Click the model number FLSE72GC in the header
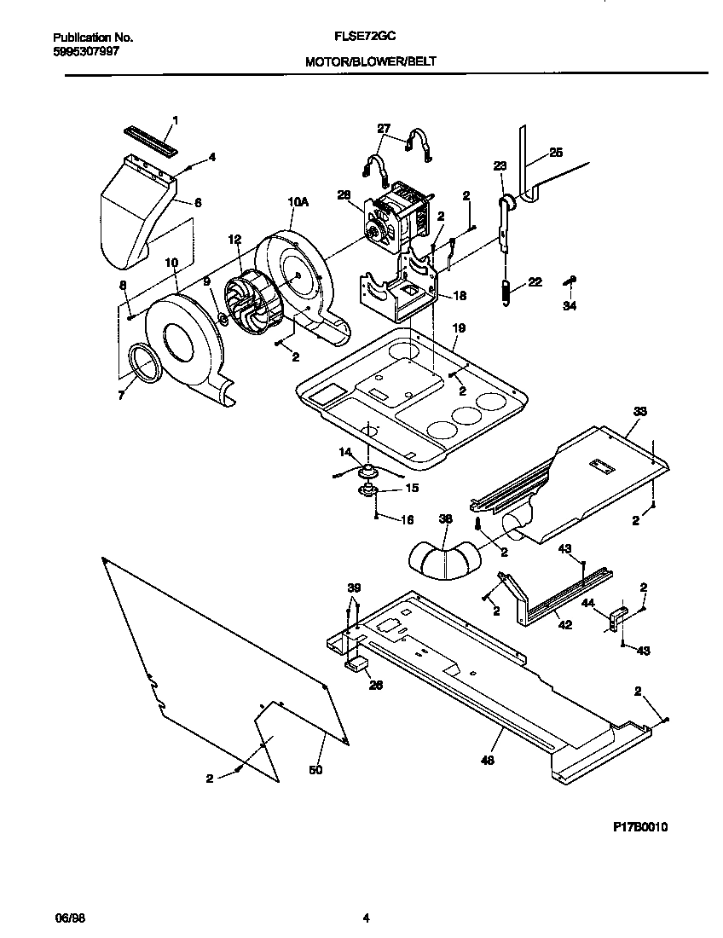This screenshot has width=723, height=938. pyautogui.click(x=364, y=38)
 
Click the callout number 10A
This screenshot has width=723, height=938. pyautogui.click(x=298, y=202)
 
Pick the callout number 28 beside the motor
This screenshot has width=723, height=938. pyautogui.click(x=345, y=195)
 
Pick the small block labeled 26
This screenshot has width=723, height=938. pyautogui.click(x=354, y=663)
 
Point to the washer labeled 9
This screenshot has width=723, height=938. pyautogui.click(x=222, y=319)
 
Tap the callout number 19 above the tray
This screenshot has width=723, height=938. pyautogui.click(x=458, y=327)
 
